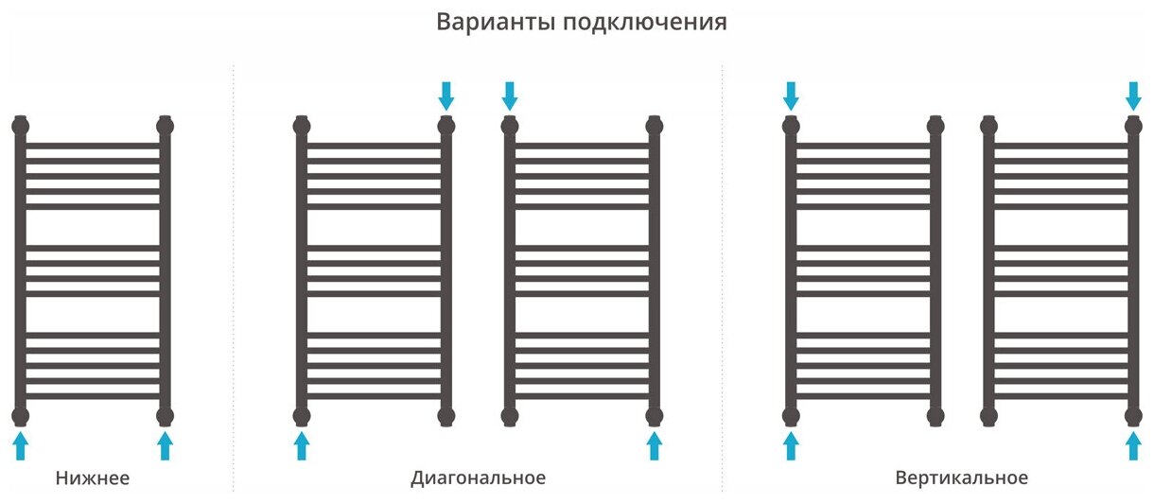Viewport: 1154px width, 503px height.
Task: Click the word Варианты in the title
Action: pyautogui.click(x=495, y=22)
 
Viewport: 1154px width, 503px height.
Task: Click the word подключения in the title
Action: pyautogui.click(x=644, y=23)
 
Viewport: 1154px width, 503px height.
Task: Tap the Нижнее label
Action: pyautogui.click(x=93, y=478)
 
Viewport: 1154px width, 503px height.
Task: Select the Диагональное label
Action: pyautogui.click(x=479, y=478)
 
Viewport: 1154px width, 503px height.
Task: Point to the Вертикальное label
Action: pyautogui.click(x=961, y=478)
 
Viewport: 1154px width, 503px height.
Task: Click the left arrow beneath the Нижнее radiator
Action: pyautogui.click(x=21, y=445)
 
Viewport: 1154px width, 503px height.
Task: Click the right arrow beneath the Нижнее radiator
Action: pyautogui.click(x=166, y=445)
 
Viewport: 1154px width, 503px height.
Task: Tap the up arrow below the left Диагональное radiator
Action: pyautogui.click(x=302, y=445)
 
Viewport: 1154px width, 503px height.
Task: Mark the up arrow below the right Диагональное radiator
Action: pyautogui.click(x=654, y=445)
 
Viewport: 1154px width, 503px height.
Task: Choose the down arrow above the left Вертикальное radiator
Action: pyautogui.click(x=792, y=95)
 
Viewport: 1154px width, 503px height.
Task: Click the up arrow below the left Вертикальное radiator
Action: pyautogui.click(x=792, y=445)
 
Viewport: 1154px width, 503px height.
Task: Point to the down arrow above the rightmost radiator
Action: pyautogui.click(x=1133, y=95)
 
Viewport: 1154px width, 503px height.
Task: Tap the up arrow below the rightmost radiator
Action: pyautogui.click(x=1133, y=445)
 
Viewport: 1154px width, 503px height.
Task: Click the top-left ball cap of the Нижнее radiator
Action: pyautogui.click(x=21, y=124)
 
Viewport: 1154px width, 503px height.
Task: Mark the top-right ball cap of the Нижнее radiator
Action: pyautogui.click(x=166, y=124)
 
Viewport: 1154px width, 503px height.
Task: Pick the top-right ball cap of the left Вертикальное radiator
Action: pyautogui.click(x=935, y=124)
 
